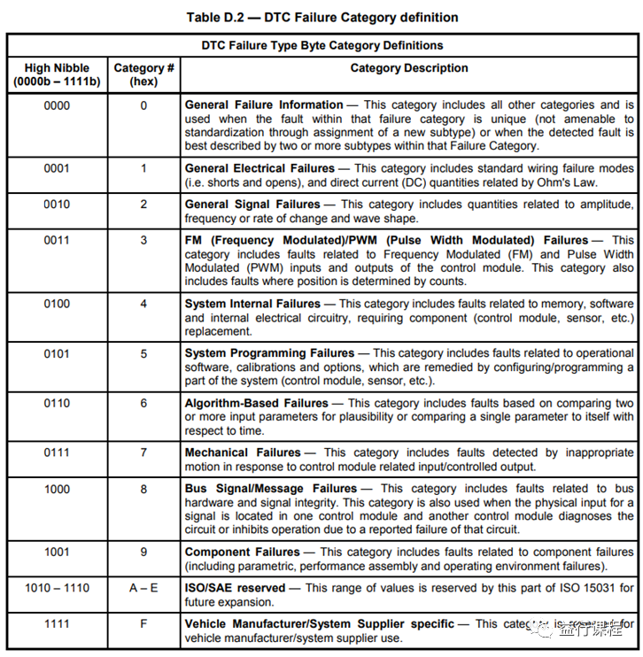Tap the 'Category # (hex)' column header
point(143,74)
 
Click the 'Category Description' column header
point(409,68)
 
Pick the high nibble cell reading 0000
point(57,105)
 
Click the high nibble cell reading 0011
point(57,240)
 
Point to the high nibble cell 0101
point(57,353)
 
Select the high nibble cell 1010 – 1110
point(57,587)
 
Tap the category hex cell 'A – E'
point(143,587)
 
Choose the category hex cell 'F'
point(143,624)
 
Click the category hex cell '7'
point(143,452)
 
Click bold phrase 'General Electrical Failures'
point(260,168)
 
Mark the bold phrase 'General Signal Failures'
point(252,205)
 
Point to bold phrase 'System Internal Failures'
point(252,304)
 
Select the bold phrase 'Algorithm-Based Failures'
point(257,403)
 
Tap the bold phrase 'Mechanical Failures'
point(243,452)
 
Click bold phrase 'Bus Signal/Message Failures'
point(271,488)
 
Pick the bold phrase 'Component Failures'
point(242,552)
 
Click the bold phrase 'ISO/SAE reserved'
point(235,587)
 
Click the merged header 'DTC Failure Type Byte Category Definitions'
point(321,45)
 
